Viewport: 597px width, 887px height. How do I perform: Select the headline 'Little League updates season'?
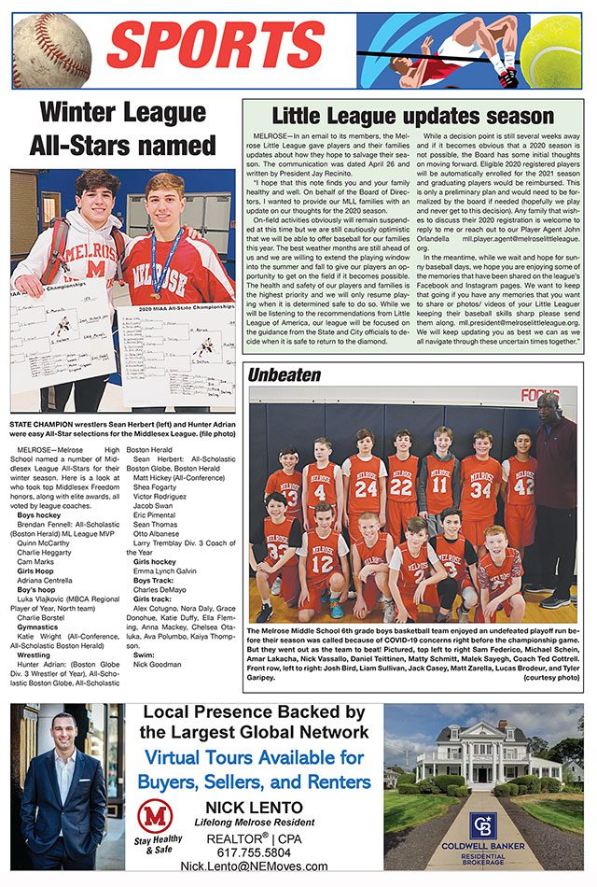413,117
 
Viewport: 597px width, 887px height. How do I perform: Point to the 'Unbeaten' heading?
284,374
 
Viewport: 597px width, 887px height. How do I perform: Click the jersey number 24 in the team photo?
366,488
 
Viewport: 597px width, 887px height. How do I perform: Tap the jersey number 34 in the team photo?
480,487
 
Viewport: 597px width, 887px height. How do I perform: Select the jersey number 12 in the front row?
322,564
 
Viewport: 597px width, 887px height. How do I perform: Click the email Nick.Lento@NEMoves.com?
254,866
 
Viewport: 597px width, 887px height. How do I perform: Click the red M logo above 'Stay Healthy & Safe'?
155,816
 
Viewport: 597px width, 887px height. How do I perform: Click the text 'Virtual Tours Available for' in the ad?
254,755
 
